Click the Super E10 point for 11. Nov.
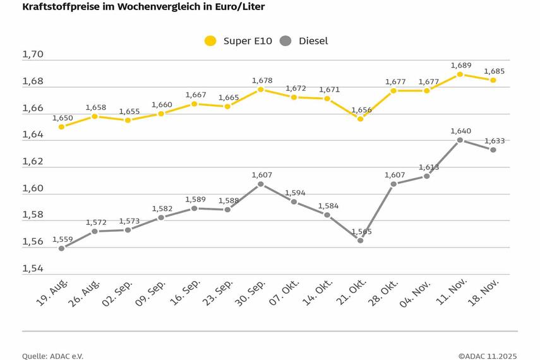pyautogui.click(x=460, y=74)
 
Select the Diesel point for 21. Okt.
pyautogui.click(x=360, y=241)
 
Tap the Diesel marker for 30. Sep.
pyautogui.click(x=260, y=184)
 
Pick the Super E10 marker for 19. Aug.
pyautogui.click(x=61, y=127)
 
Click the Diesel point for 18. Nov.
pyautogui.click(x=493, y=150)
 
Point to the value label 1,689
pyautogui.click(x=460, y=65)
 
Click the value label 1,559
pyautogui.click(x=62, y=239)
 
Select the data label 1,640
pyautogui.click(x=460, y=131)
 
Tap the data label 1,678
pyautogui.click(x=261, y=80)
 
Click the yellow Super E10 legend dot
pyautogui.click(x=210, y=41)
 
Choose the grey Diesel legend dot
pyautogui.click(x=285, y=41)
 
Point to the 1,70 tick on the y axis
pyautogui.click(x=33, y=54)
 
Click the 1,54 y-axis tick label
pyautogui.click(x=33, y=268)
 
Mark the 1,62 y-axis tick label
pyautogui.click(x=33, y=162)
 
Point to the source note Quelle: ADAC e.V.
pyautogui.click(x=52, y=356)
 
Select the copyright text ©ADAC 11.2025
pyautogui.click(x=488, y=356)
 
